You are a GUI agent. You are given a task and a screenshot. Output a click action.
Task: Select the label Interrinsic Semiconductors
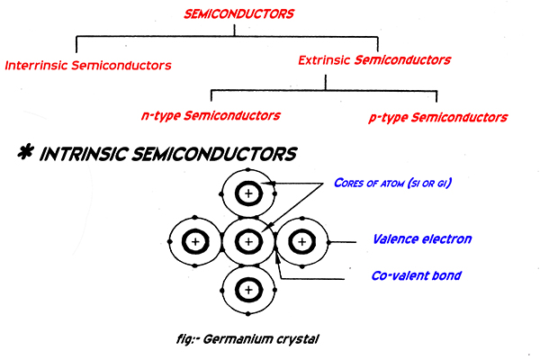pyautogui.click(x=87, y=66)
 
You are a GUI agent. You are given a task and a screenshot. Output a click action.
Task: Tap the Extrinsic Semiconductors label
pyautogui.click(x=374, y=60)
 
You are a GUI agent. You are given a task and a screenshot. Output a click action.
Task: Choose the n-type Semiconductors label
pyautogui.click(x=212, y=115)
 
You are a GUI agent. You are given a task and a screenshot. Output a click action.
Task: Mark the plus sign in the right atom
pyautogui.click(x=301, y=242)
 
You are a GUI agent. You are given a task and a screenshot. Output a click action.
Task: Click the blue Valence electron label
pyautogui.click(x=422, y=239)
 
